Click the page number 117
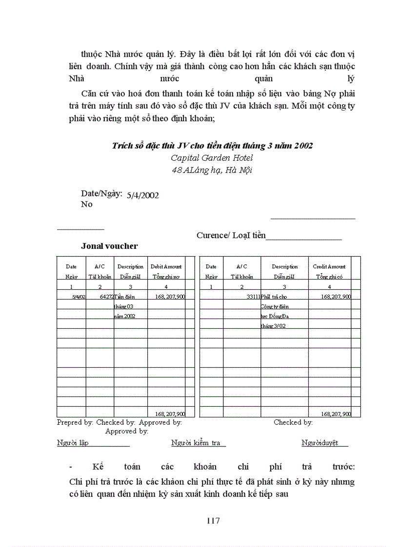[x=213, y=521]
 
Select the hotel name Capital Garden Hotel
[x=212, y=158]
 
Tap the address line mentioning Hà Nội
[x=212, y=170]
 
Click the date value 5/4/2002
[x=142, y=195]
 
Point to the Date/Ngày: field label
[x=101, y=193]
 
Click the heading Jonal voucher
[x=109, y=246]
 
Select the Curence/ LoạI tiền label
[x=231, y=235]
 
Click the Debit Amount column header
[x=166, y=266]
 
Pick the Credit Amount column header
[x=329, y=266]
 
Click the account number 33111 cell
[x=253, y=296]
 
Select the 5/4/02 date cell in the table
[x=79, y=296]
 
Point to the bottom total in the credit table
[x=336, y=414]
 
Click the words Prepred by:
[x=75, y=422]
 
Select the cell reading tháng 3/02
[x=273, y=326]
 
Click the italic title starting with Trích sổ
[x=212, y=146]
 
